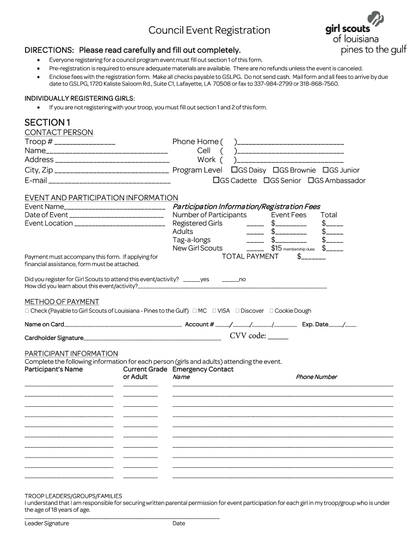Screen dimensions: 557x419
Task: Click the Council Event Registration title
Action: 209,30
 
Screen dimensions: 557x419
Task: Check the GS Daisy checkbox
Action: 235,170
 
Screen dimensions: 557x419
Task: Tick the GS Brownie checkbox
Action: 276,170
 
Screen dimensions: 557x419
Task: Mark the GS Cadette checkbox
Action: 216,180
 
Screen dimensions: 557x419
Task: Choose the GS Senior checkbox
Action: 267,180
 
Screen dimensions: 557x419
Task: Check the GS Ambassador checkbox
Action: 311,180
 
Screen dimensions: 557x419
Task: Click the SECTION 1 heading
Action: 47,122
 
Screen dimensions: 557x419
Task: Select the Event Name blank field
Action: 115,208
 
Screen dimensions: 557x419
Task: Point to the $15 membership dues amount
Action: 276,248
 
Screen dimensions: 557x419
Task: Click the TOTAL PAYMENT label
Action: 250,256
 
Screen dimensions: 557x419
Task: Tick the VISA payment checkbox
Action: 214,311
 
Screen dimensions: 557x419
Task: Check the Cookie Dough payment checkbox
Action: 272,311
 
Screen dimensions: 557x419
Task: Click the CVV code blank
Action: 278,337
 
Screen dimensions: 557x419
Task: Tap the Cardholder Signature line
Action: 152,338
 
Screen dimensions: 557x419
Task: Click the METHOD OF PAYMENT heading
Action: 62,301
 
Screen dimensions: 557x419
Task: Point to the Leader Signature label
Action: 47,523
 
